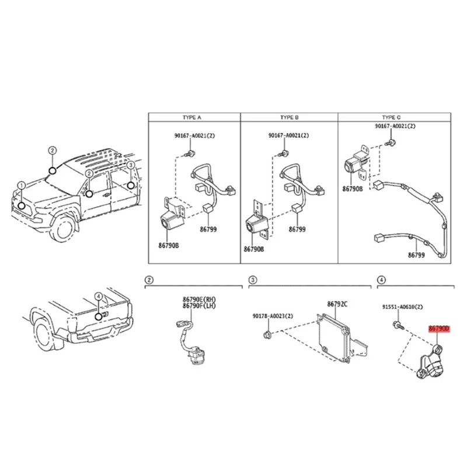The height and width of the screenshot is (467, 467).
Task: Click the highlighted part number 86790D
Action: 440,329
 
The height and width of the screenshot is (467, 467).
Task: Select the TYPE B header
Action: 290,117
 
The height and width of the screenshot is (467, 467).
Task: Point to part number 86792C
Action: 337,304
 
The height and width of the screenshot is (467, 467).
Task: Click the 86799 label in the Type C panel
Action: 417,255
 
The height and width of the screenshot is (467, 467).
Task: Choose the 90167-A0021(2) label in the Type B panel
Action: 288,135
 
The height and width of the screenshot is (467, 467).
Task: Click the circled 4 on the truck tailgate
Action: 99,296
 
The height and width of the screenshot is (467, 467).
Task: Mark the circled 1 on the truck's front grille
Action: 21,186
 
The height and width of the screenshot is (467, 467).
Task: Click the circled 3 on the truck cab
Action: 130,165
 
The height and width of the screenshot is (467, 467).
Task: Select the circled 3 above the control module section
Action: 252,281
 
